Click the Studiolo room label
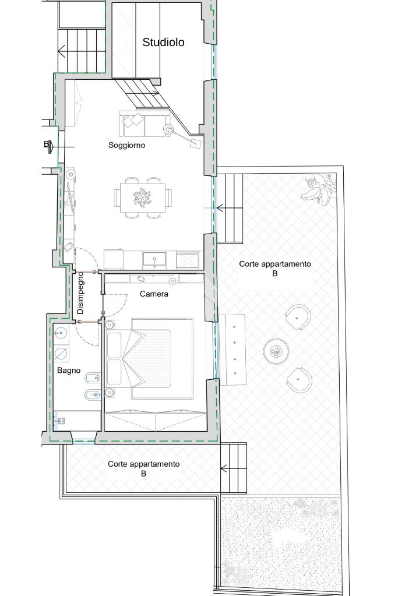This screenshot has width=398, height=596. click(163, 42)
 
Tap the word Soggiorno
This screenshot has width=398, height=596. click(126, 145)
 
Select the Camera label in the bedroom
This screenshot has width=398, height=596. click(154, 294)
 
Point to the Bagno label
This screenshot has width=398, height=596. click(69, 370)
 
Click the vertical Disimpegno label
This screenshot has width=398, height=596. click(80, 292)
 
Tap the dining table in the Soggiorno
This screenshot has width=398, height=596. click(143, 198)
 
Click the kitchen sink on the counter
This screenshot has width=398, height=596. click(154, 260)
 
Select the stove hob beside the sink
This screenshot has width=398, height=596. click(188, 260)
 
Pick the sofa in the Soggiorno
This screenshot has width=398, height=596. click(144, 124)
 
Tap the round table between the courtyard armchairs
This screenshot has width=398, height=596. click(276, 351)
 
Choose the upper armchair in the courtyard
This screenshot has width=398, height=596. click(298, 318)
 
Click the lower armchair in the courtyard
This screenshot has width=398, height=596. click(299, 380)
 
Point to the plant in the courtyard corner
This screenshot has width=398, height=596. click(319, 189)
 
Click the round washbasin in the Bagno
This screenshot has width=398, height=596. click(61, 333)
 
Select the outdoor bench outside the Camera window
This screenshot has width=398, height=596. click(232, 350)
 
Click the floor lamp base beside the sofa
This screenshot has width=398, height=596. click(168, 129)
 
